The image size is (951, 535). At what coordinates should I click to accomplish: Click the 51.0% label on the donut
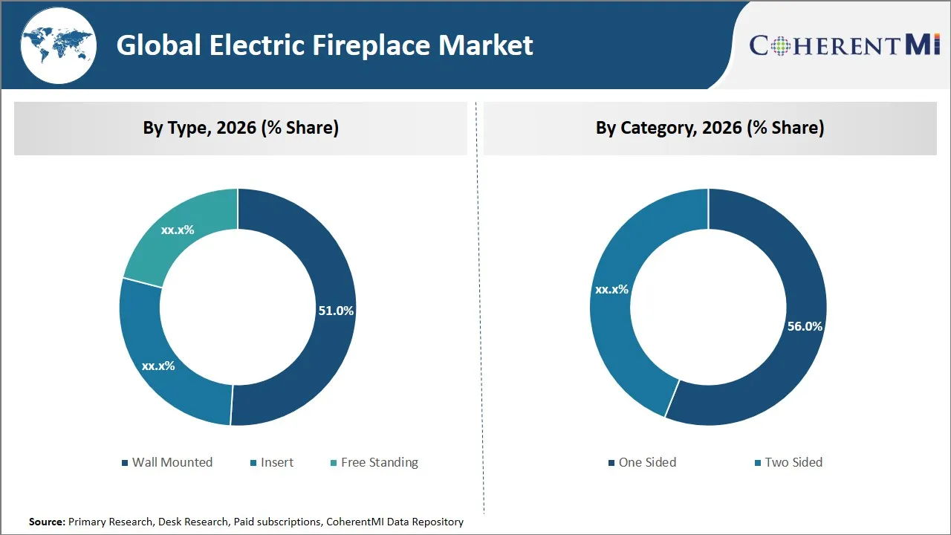pos(336,311)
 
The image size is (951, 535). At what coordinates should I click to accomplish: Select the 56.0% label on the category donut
pos(805,326)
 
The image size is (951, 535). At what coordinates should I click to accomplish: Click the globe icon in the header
pos(58,45)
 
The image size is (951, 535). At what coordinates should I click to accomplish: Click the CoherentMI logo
pos(845,45)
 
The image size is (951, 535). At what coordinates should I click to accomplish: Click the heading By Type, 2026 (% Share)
pos(241,128)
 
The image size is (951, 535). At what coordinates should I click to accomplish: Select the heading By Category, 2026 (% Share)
pos(710,128)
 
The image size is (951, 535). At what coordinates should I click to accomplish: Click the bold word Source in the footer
pos(47,522)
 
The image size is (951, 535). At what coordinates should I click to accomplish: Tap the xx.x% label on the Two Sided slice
pos(611,289)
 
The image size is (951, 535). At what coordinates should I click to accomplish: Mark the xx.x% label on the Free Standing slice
pos(178,230)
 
